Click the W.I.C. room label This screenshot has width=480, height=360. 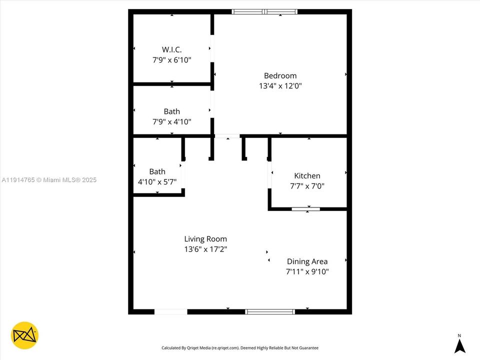(171, 49)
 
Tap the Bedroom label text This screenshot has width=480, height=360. (280, 75)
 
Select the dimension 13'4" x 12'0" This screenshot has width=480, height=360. (280, 85)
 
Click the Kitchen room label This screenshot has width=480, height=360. (307, 175)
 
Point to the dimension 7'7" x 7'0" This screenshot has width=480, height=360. (307, 186)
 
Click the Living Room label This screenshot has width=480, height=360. (205, 239)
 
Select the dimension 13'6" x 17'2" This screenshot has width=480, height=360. (205, 249)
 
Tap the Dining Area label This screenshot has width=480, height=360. (307, 261)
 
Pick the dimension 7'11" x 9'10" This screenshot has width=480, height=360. (307, 271)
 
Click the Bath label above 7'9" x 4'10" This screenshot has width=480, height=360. (171, 111)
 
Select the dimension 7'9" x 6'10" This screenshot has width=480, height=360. (171, 59)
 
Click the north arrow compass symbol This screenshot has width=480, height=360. (459, 344)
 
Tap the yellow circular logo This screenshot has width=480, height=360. (24, 335)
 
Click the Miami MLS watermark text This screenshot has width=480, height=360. (49, 180)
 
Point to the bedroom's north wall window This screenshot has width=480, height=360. (265, 11)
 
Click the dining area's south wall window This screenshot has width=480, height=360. (270, 311)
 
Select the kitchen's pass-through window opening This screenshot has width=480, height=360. (306, 209)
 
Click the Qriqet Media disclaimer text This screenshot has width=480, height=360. (239, 347)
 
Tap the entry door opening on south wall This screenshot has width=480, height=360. (170, 311)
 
